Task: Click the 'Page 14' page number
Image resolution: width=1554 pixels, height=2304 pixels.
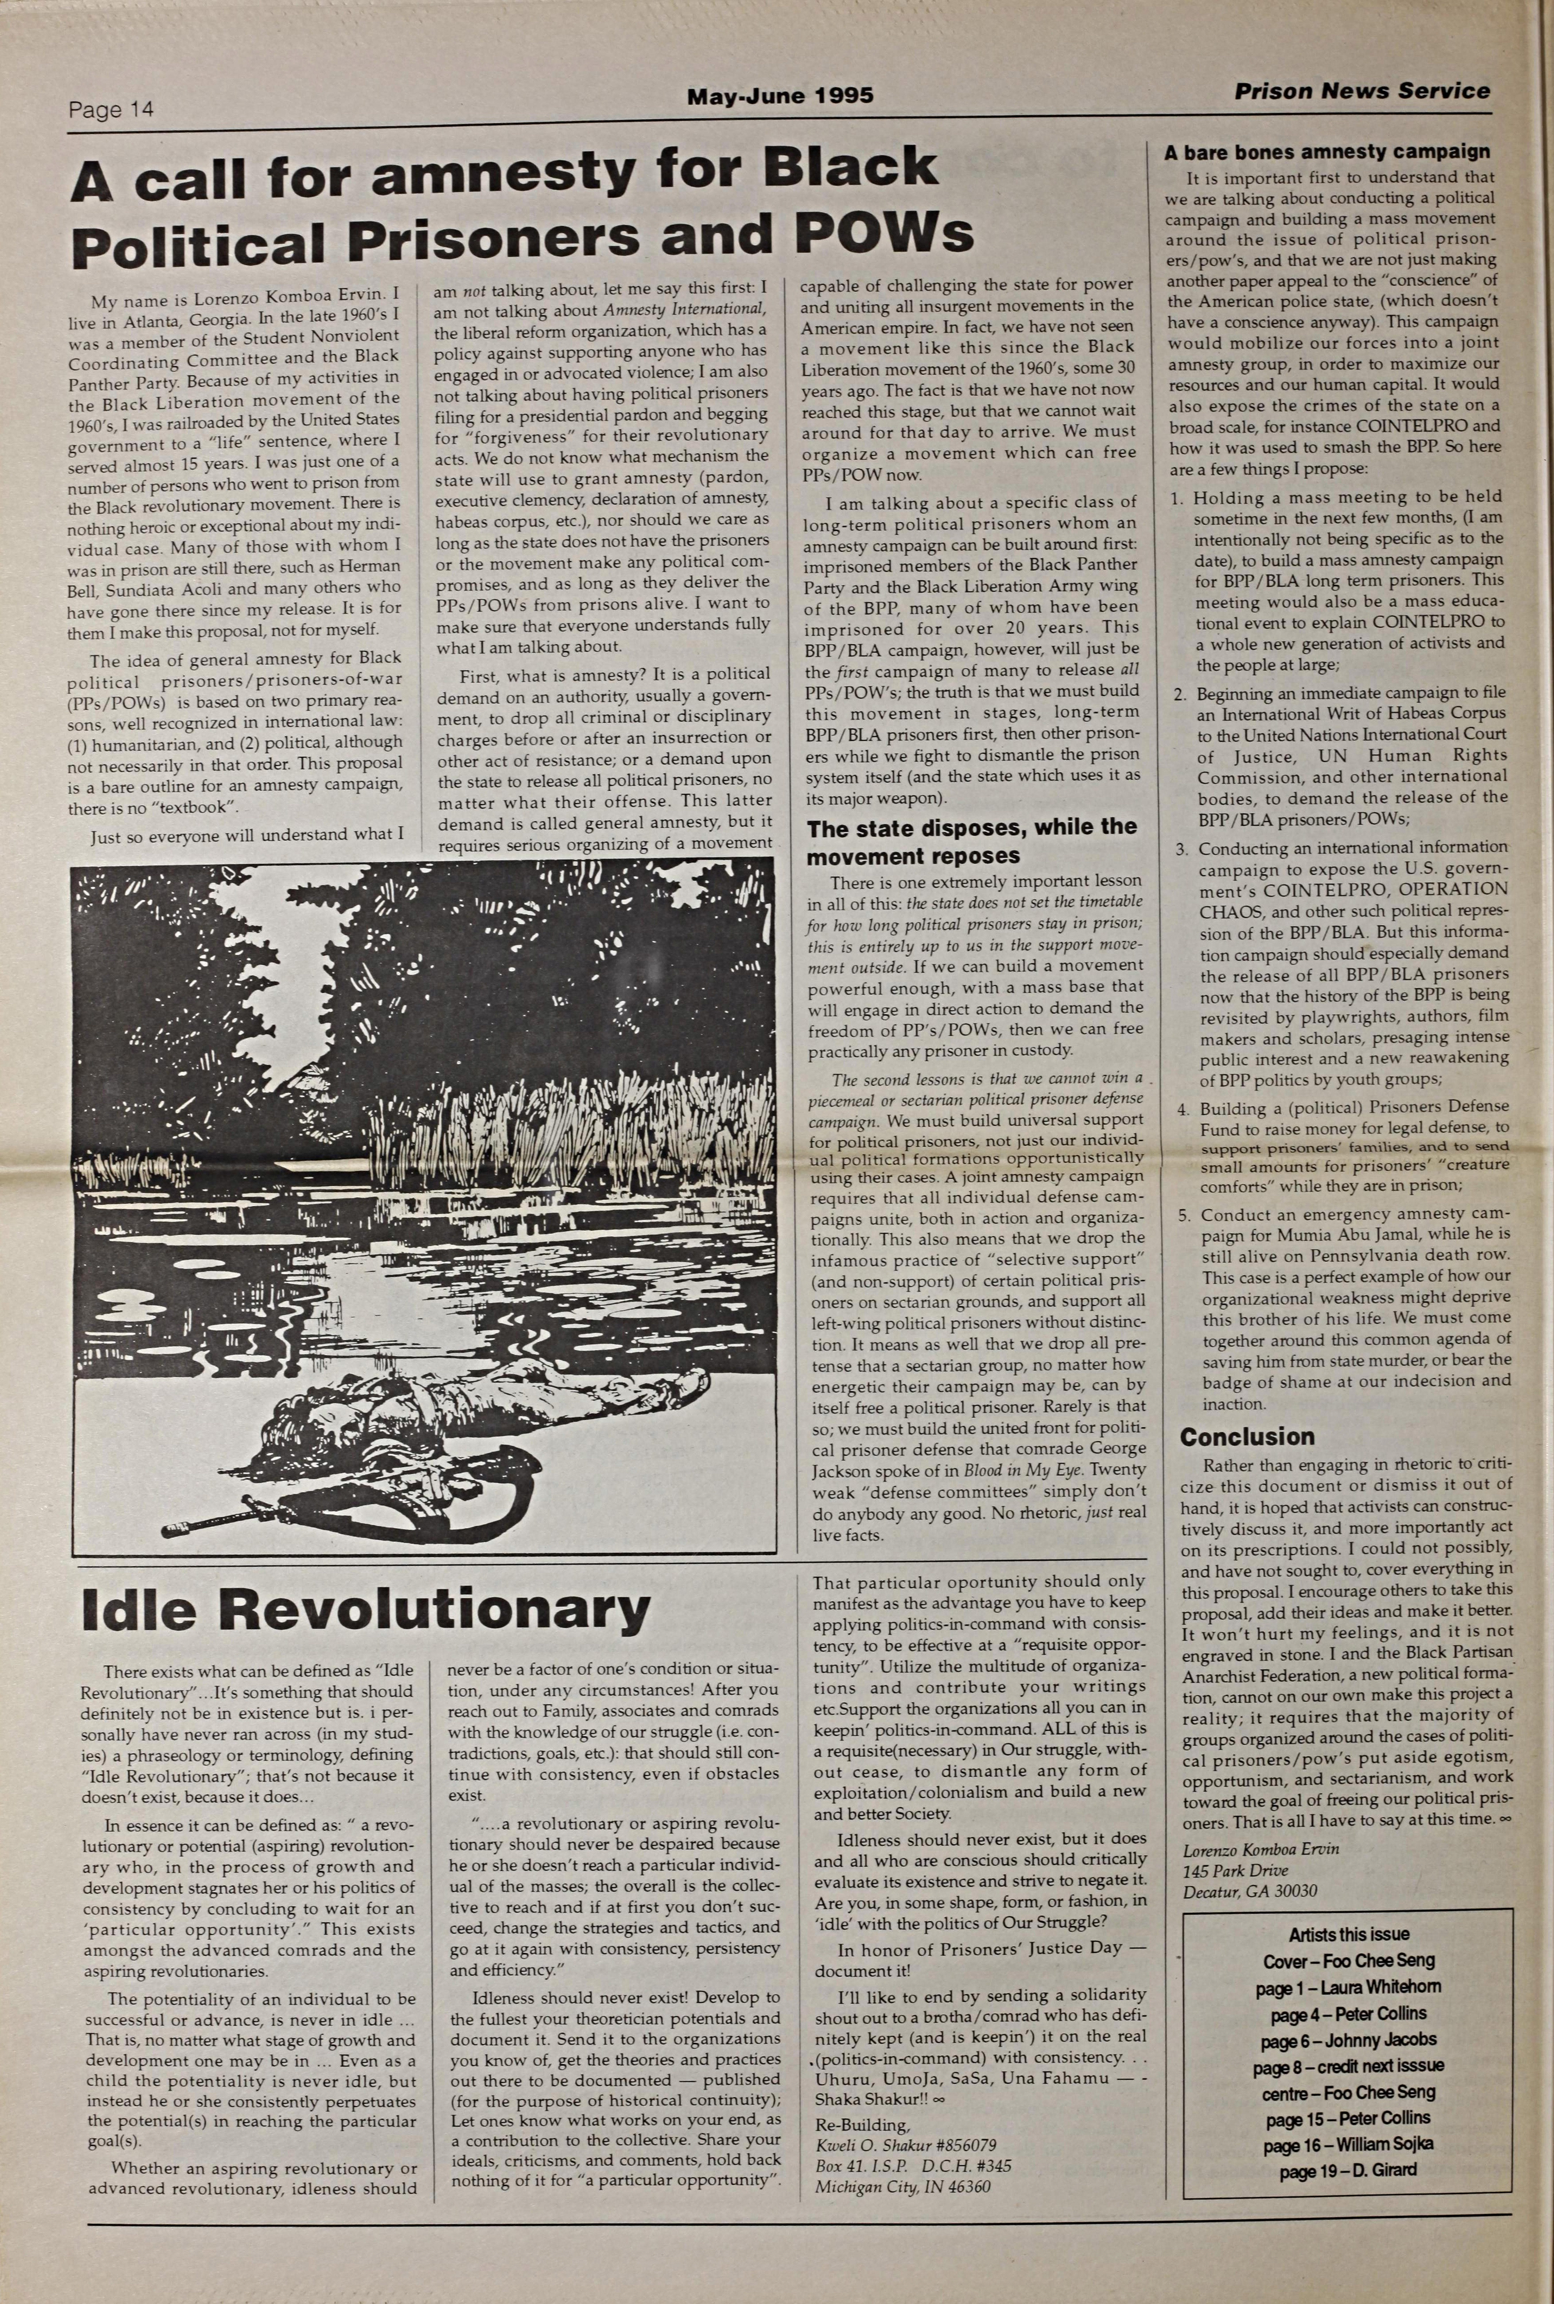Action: coord(111,110)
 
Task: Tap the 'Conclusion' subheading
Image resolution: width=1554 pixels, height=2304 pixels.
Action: coord(1247,1436)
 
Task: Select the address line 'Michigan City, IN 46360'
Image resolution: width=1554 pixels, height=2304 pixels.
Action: coord(902,2186)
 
